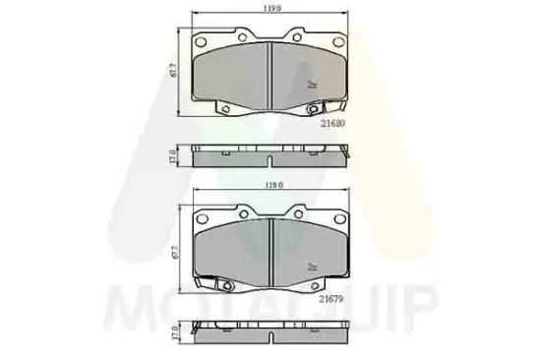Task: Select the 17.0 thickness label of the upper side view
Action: [173, 156]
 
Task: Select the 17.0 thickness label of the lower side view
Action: [173, 333]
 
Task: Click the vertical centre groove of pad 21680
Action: [270, 75]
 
